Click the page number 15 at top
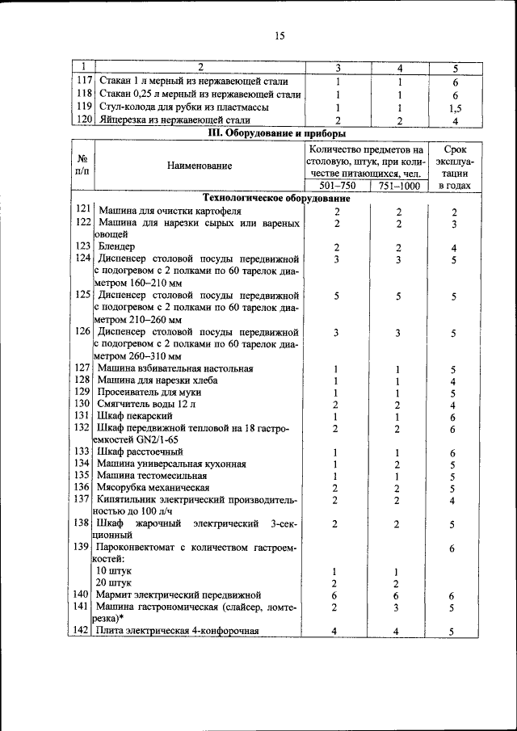point(280,35)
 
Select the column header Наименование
point(200,166)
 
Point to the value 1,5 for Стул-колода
point(455,107)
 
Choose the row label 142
point(81,631)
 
